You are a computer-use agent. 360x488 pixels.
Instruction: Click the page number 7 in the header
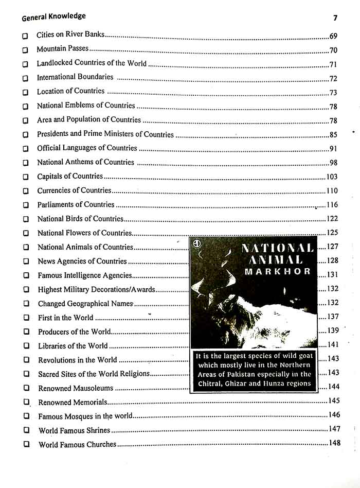(335, 18)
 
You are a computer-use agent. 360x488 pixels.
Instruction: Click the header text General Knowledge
(53, 17)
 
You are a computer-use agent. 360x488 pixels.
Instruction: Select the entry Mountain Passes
(62, 49)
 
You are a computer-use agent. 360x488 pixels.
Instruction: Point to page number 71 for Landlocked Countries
(333, 64)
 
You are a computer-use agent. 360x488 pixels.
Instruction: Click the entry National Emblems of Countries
(86, 106)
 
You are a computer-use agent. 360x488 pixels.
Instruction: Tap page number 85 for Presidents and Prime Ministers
(333, 135)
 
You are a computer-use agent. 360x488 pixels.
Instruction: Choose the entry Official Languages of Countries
(87, 148)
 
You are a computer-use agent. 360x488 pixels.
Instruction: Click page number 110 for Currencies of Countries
(332, 191)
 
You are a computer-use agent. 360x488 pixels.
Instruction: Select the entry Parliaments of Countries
(76, 205)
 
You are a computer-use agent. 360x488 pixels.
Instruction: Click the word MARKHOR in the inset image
(277, 271)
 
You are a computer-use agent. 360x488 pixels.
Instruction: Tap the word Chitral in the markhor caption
(211, 383)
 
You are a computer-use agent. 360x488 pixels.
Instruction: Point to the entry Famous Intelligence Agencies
(85, 275)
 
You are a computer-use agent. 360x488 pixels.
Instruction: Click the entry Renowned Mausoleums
(75, 388)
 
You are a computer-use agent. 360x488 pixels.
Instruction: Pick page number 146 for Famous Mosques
(334, 415)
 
